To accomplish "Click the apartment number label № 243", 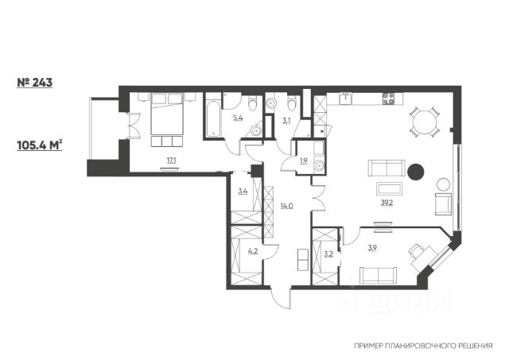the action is coord(34,83).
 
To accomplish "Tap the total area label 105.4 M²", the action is coord(39,145).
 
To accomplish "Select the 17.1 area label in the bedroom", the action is coord(172,160).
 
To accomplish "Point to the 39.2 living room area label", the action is coord(387,203).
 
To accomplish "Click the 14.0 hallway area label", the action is coord(287,205).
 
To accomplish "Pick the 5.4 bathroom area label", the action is coord(238,118).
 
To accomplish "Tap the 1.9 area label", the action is coord(304,161).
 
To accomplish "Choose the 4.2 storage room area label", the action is coord(253,250).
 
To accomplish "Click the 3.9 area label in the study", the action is coord(372,248).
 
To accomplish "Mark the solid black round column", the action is coord(415,172).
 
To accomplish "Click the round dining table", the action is coord(425,122).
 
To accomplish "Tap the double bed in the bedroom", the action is coord(167,114).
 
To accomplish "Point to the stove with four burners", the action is coord(389,99).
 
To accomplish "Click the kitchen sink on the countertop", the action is coord(346,98).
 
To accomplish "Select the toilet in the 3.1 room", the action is coord(292,103).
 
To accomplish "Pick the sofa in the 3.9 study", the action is coord(379,275).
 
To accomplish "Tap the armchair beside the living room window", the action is coord(443,204).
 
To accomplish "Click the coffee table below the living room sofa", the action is coord(389,188).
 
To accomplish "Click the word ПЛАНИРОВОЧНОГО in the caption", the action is coord(418,346).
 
